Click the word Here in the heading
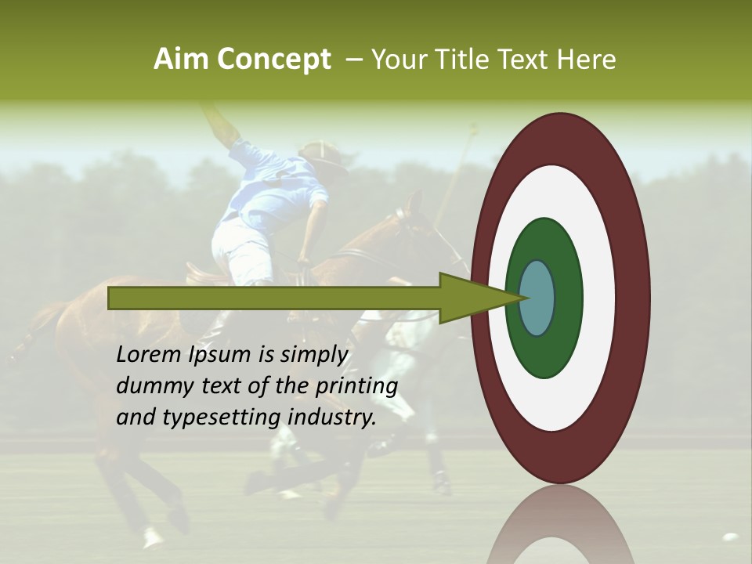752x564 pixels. [586, 60]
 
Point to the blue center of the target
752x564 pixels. [537, 298]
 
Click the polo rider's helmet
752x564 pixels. [324, 154]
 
